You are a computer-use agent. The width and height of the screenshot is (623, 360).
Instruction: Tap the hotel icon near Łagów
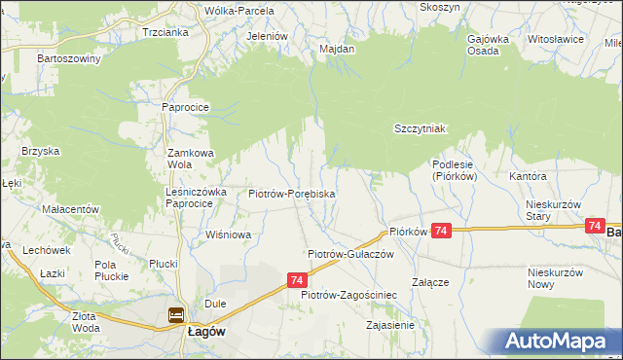click(176, 315)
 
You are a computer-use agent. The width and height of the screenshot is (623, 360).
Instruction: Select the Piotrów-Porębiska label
click(292, 195)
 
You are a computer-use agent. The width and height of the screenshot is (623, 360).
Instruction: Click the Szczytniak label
click(420, 128)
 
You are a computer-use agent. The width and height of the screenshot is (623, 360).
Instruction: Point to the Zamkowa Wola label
click(191, 159)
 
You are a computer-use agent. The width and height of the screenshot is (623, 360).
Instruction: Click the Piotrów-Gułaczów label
click(349, 253)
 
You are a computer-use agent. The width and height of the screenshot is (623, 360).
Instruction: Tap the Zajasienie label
click(387, 325)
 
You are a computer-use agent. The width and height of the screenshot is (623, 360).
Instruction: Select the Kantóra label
click(528, 177)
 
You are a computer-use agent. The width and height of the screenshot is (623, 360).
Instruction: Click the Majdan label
click(337, 47)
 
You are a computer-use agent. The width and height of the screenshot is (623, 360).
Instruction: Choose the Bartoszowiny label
click(69, 58)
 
